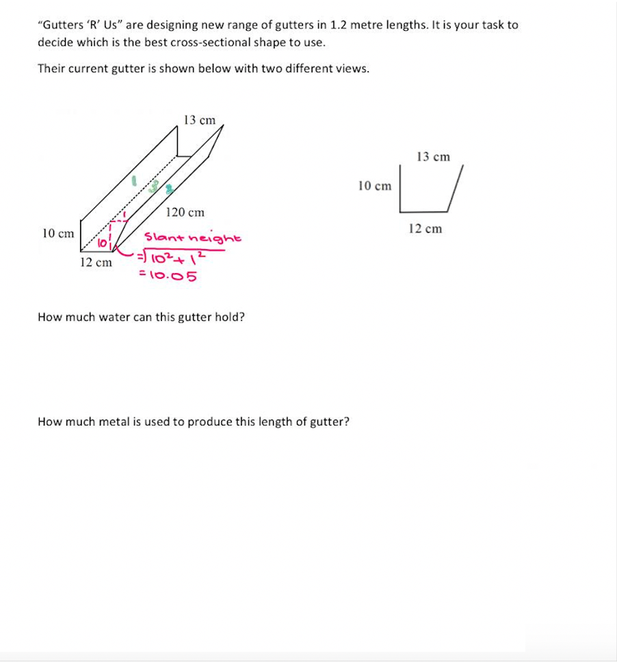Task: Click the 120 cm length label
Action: (x=185, y=212)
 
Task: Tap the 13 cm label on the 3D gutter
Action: (x=199, y=120)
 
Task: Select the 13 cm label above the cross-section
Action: (x=433, y=157)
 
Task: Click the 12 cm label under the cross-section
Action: (x=425, y=229)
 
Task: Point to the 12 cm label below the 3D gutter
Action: (x=96, y=262)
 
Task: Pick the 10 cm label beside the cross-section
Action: (x=375, y=186)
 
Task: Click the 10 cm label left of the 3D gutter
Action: (x=58, y=234)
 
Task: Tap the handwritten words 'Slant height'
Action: (x=192, y=238)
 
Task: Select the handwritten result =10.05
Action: (x=168, y=276)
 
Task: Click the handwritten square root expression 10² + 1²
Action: (x=175, y=258)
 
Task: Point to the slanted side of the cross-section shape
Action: (x=456, y=188)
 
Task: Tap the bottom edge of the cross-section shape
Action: (x=424, y=211)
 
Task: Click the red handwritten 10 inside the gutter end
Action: (x=102, y=243)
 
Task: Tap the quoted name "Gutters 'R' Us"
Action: (x=80, y=25)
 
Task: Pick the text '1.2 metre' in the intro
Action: (x=353, y=25)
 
